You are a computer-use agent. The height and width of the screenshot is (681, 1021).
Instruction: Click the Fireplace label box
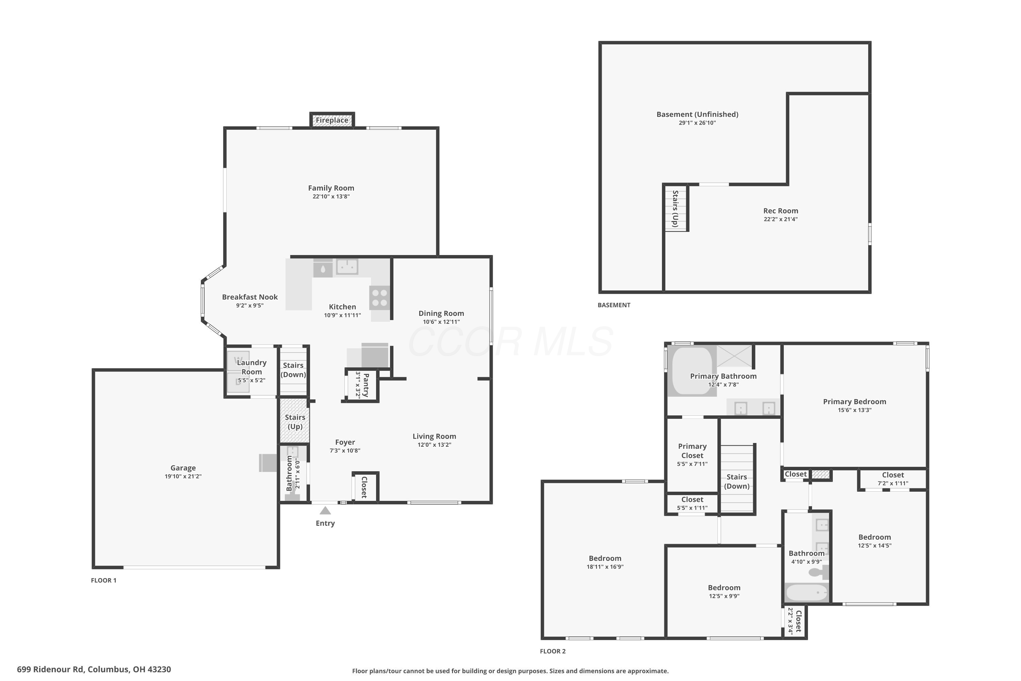click(x=332, y=120)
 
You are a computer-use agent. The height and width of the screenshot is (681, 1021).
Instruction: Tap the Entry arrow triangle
click(x=325, y=511)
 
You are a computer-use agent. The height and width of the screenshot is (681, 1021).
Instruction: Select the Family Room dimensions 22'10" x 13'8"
click(x=331, y=196)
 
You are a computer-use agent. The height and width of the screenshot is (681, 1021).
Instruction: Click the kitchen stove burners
click(x=380, y=298)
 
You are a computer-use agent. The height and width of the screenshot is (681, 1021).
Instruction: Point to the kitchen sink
click(x=347, y=266)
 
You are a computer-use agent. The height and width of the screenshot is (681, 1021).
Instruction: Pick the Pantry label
click(x=366, y=385)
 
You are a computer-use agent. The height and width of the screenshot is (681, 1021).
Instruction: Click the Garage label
click(x=183, y=468)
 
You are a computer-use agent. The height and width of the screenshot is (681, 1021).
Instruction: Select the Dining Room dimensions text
click(x=441, y=322)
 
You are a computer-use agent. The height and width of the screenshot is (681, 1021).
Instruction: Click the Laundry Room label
click(x=252, y=367)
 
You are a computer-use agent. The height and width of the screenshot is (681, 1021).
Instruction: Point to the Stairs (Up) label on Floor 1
click(x=295, y=422)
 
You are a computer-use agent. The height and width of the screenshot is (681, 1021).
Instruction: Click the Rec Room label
click(x=780, y=211)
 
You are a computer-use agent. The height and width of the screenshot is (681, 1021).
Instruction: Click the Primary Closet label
click(x=692, y=451)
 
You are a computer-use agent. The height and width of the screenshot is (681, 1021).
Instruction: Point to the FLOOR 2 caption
click(x=553, y=651)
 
